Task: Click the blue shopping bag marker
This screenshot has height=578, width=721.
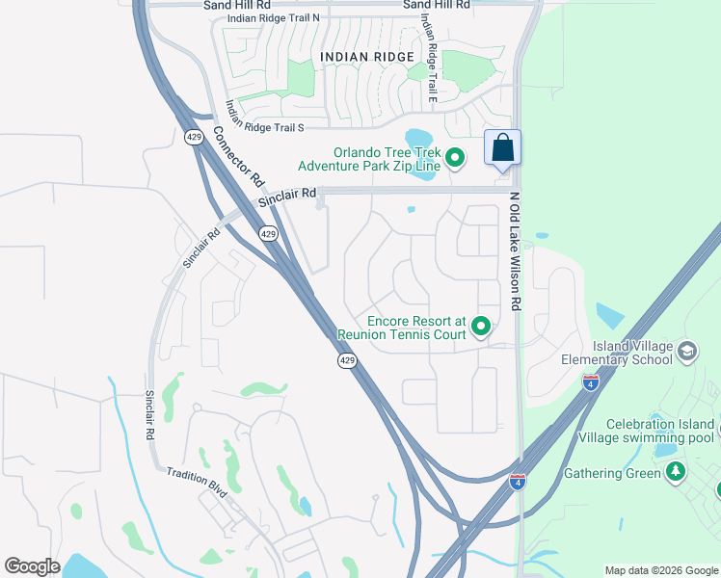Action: pos(502,149)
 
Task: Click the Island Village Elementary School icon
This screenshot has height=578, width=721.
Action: pos(687,351)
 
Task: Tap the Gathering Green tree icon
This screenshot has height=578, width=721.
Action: pos(677,472)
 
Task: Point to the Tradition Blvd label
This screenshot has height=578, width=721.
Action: pos(197,482)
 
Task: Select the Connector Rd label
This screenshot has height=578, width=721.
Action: pos(239,157)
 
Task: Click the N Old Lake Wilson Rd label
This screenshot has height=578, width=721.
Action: pos(515,250)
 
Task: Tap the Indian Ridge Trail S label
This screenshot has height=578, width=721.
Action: pos(265,116)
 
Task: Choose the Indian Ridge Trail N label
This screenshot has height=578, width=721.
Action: pos(273,19)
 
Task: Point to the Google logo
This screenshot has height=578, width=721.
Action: pos(32,566)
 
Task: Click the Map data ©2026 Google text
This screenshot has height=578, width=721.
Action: pos(660,570)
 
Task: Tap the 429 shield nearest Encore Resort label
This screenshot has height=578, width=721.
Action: pos(348,360)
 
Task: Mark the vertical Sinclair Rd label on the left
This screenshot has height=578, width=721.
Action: pos(150,415)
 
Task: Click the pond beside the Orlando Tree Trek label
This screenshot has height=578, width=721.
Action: pos(421,140)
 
